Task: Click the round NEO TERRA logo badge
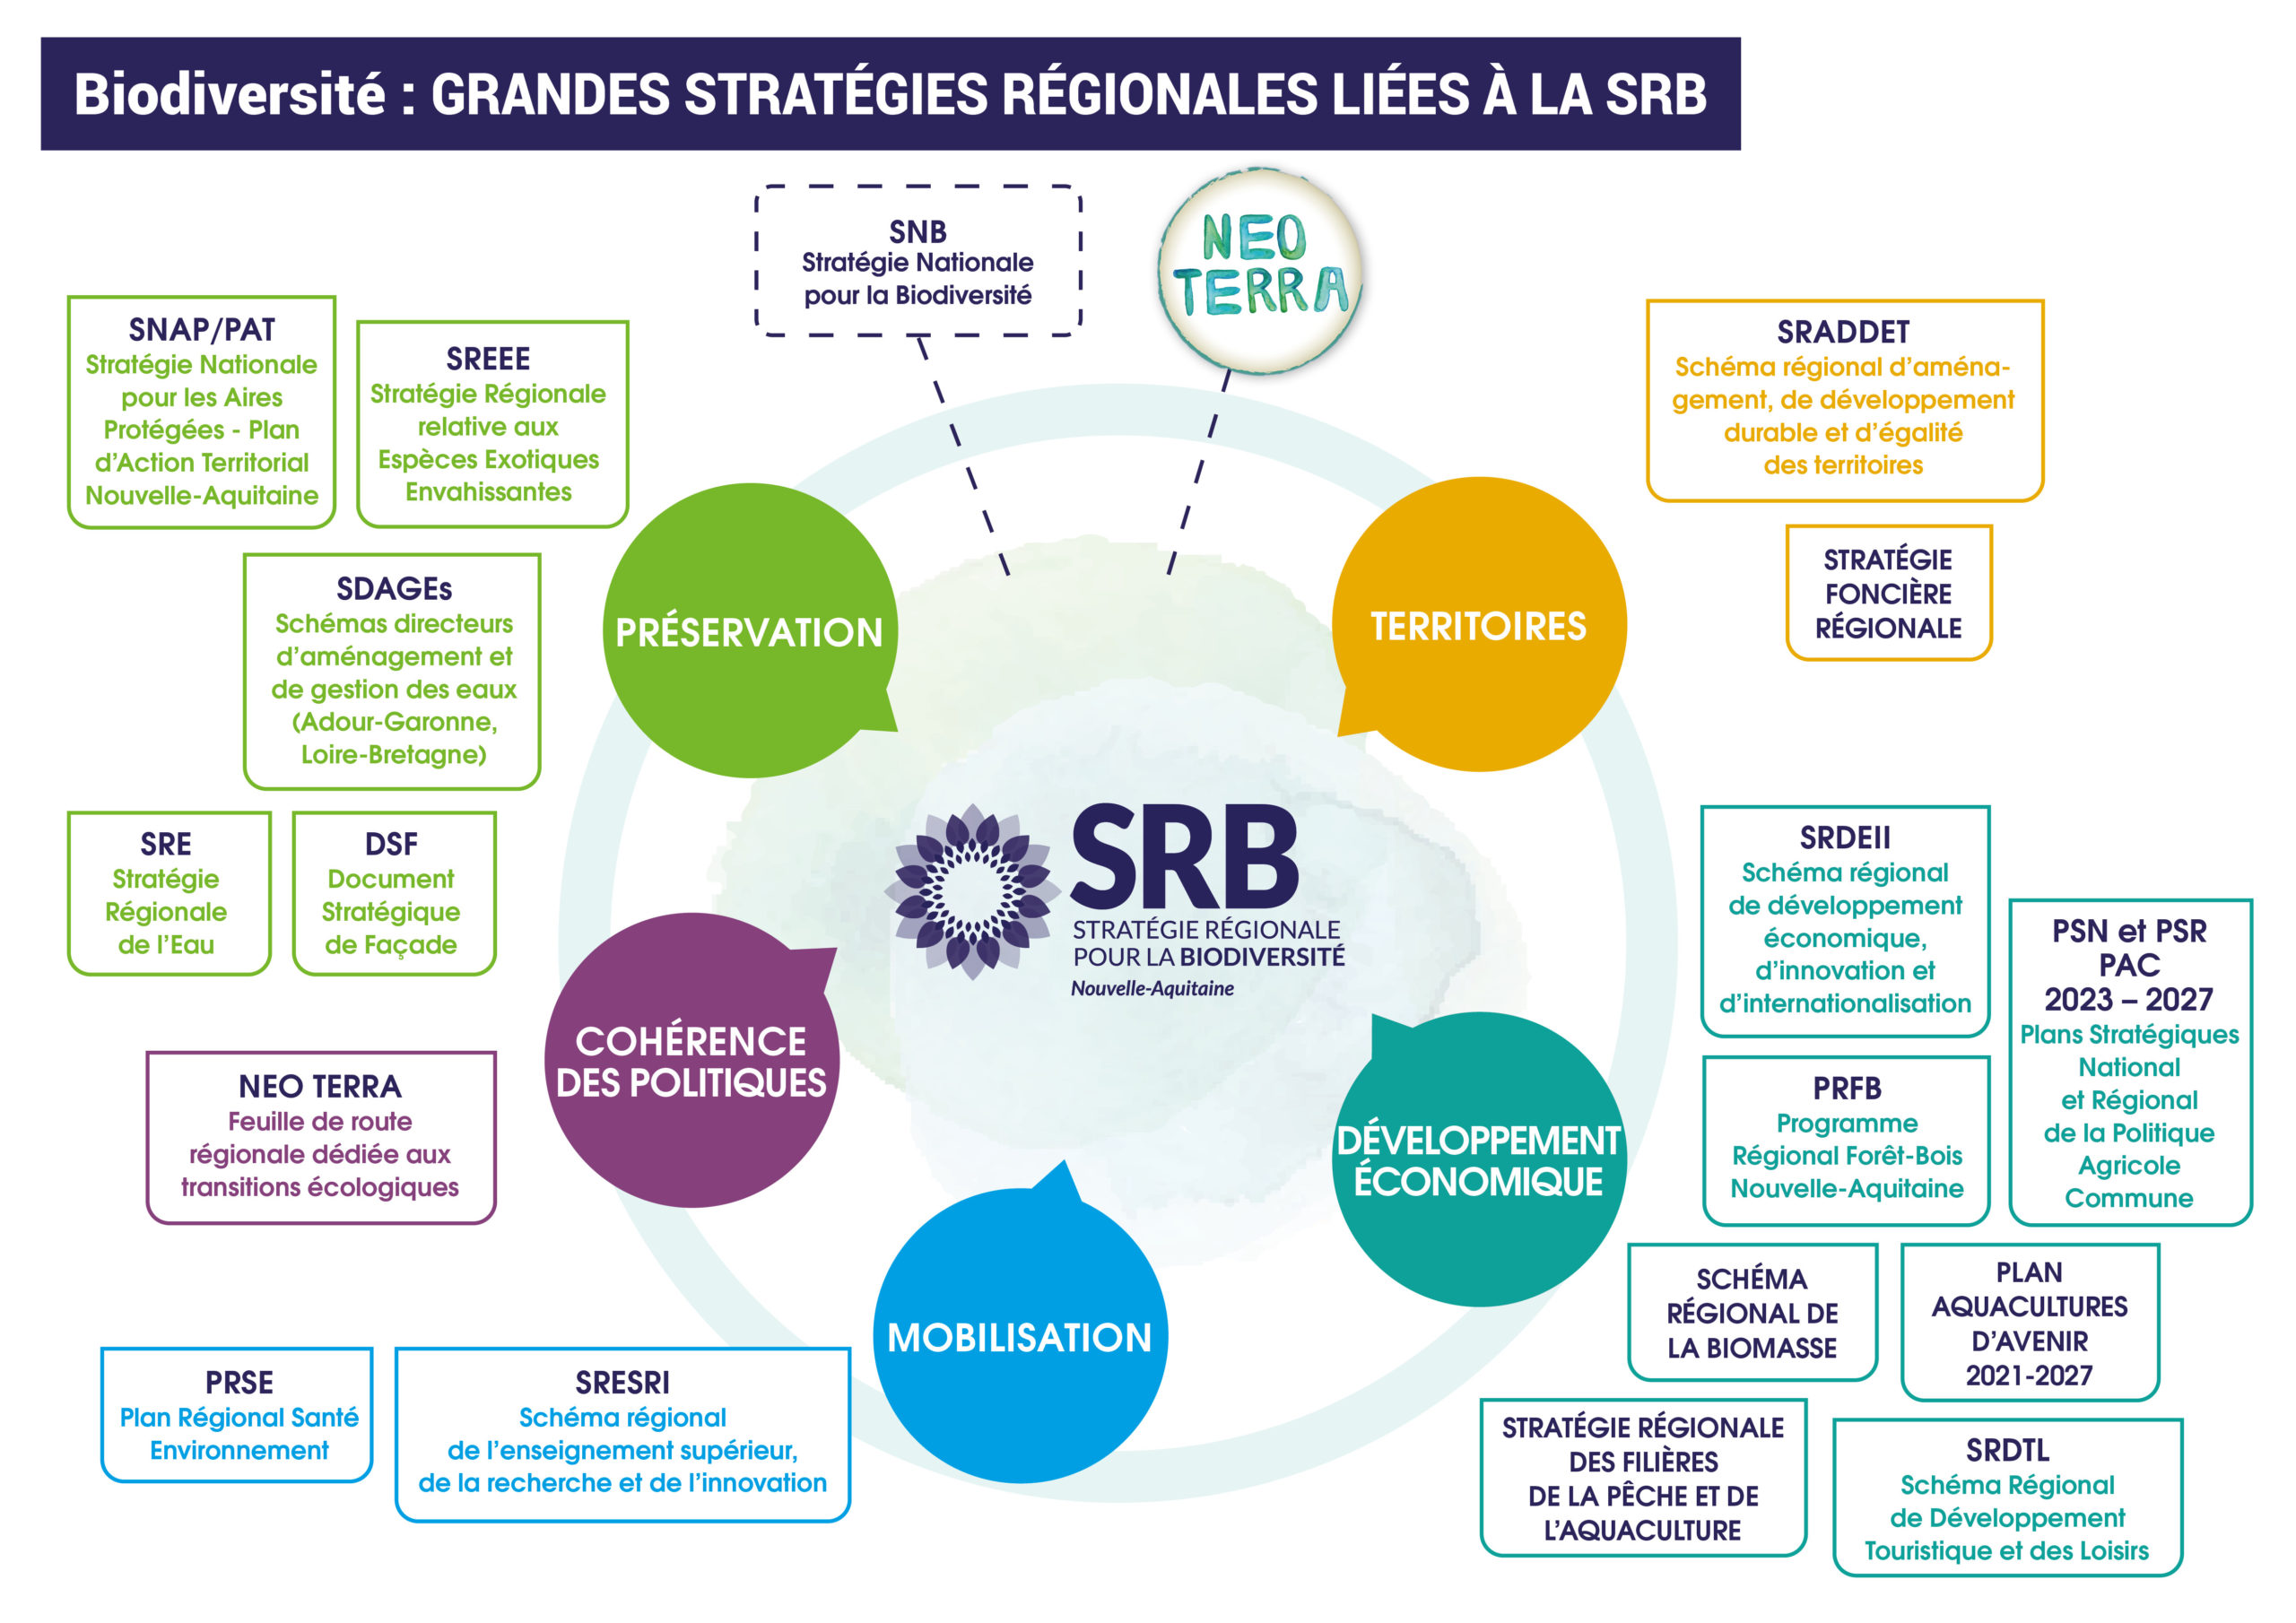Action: [x=1260, y=270]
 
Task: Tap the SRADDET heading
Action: [x=1842, y=332]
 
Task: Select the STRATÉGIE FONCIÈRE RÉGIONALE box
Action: [x=1888, y=593]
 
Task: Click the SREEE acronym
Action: [x=488, y=358]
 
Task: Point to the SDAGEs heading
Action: [x=394, y=589]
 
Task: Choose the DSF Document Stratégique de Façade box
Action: [x=392, y=893]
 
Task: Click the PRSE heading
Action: [x=239, y=1382]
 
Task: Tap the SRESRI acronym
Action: [x=622, y=1382]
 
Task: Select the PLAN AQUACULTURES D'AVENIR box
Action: [x=2029, y=1322]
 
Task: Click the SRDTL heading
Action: [x=2007, y=1449]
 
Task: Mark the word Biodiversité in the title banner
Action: [x=229, y=94]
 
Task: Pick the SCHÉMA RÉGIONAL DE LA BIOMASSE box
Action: [x=1751, y=1312]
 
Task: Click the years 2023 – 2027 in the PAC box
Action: [x=2128, y=999]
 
